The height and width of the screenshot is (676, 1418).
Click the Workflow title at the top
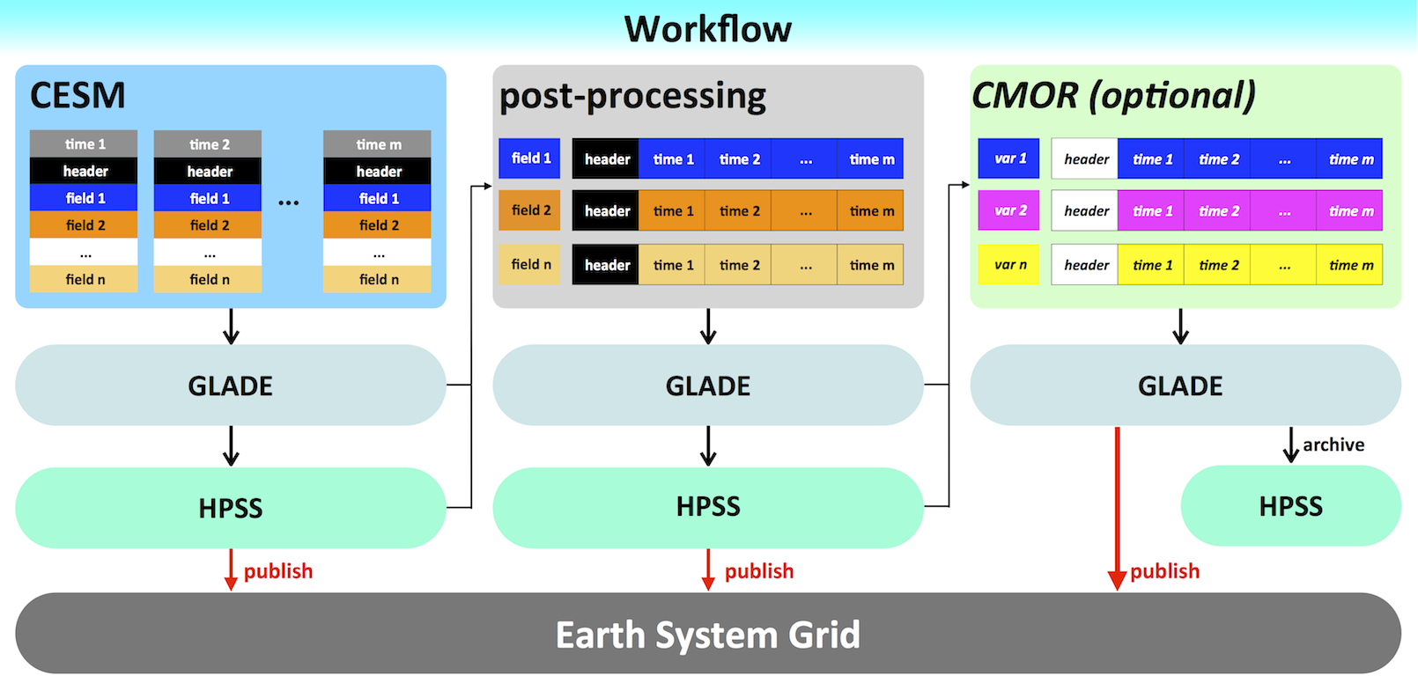(708, 29)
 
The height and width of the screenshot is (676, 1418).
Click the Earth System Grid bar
(708, 634)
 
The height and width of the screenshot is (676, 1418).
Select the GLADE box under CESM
(231, 386)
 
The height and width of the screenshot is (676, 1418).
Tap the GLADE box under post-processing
(708, 386)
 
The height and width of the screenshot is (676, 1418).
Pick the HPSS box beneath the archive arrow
(1290, 506)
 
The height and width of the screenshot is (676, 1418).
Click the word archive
(1333, 445)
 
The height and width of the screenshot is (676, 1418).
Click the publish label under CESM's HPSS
(277, 571)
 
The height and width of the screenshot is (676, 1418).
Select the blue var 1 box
(1009, 158)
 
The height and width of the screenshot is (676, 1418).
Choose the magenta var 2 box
(1009, 211)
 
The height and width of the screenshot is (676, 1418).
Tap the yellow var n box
(1009, 265)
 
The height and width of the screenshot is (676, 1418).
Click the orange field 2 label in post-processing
(530, 210)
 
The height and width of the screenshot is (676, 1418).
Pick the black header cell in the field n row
(606, 265)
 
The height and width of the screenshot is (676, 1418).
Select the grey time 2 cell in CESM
(209, 144)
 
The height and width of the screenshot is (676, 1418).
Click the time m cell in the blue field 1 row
(871, 159)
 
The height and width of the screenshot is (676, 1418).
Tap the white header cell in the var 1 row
(1085, 159)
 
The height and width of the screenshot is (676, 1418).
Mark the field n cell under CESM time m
(378, 279)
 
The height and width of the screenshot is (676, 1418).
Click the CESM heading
(78, 95)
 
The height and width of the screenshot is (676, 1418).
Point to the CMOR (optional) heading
(1113, 95)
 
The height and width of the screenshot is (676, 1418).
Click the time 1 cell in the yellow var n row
(1152, 265)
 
